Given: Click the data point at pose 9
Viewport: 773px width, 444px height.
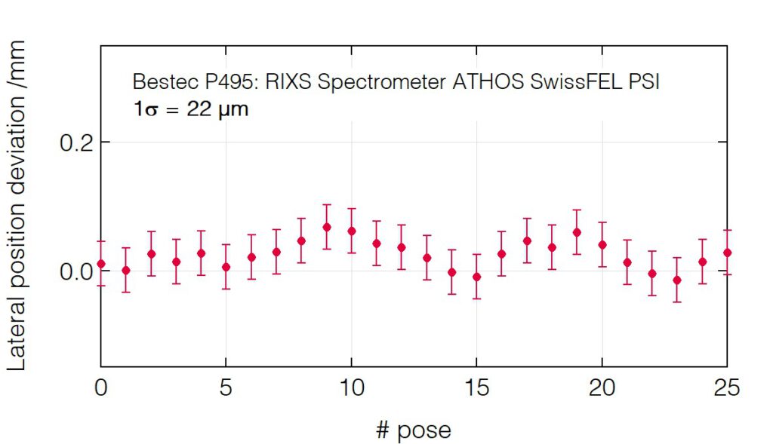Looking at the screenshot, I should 326,227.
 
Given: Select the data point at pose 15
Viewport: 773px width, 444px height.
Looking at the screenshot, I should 476,277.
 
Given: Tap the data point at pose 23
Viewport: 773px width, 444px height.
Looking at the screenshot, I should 677,280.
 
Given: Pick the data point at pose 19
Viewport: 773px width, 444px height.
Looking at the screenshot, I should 577,232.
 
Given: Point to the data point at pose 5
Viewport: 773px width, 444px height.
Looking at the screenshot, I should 226,267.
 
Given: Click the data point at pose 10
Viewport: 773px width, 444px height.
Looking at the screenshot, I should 351,231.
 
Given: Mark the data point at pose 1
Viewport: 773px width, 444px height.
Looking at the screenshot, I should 126,270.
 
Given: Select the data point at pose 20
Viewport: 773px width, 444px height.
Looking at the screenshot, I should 602,244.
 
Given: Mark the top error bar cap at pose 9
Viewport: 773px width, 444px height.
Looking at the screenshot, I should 326,204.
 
